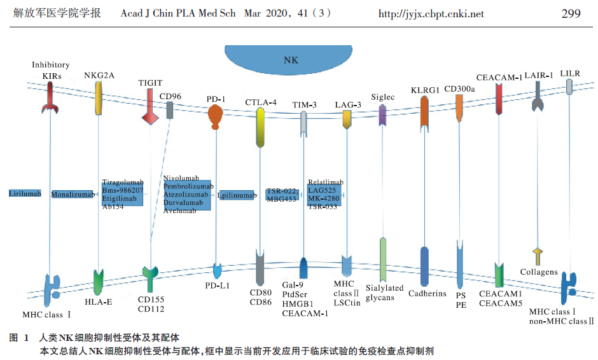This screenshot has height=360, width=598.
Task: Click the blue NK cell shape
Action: [290, 62]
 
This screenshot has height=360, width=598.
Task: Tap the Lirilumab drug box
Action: [25, 193]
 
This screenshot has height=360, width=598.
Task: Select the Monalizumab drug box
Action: [72, 194]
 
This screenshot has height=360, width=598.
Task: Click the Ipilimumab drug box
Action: [236, 195]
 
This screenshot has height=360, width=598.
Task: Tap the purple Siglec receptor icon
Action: [382, 114]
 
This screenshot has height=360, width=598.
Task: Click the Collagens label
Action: [538, 272]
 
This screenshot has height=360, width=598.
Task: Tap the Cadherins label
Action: [427, 293]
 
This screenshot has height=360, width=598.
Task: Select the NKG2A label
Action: [99, 75]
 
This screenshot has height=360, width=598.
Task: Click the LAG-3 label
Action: [348, 104]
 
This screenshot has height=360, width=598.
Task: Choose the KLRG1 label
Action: [425, 90]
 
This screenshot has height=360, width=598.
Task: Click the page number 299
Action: [571, 13]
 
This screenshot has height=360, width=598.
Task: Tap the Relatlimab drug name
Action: [325, 183]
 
